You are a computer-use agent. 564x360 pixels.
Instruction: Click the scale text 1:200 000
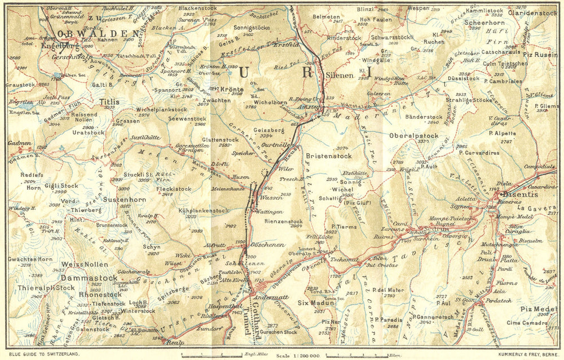click(x=298, y=355)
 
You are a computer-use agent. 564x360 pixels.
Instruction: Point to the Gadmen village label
click(x=20, y=143)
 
